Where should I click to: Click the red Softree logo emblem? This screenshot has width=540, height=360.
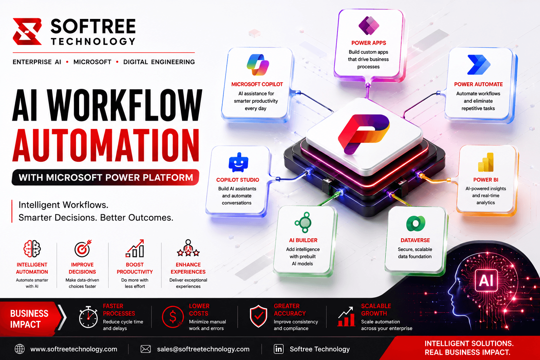27,31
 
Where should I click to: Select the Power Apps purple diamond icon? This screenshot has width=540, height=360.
368,26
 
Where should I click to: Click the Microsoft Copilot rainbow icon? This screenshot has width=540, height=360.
257,65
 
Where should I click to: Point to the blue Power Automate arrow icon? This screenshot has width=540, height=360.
478,65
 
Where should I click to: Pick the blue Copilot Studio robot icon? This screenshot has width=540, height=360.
238,162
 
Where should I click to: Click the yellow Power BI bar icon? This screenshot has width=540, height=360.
486,162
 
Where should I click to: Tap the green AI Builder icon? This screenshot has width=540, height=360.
303,222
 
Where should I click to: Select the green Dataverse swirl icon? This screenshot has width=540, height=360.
415,224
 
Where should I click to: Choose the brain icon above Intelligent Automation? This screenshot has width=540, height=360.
32,249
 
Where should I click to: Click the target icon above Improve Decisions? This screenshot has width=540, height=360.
83,248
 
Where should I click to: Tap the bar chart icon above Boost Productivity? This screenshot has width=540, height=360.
135,248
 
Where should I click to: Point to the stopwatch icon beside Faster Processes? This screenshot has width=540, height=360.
88,317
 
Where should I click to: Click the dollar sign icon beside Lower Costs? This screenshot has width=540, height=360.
173,317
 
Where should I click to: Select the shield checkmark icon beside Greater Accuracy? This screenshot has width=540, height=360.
258,316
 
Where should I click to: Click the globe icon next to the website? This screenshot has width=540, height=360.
20,349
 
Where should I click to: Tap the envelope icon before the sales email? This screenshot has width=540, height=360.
146,349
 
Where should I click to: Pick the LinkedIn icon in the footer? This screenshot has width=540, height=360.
278,349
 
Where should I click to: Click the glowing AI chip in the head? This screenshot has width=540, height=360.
486,280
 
